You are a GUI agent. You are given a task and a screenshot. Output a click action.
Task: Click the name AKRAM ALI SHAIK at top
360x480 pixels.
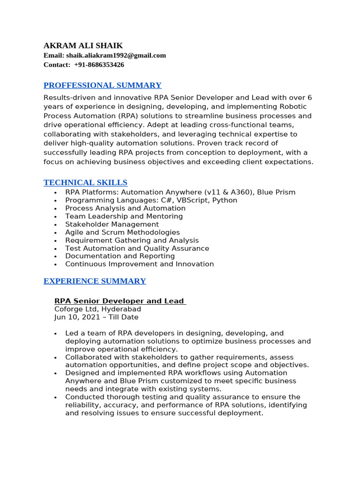click(83, 45)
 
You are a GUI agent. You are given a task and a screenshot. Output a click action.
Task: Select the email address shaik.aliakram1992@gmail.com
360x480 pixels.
click(116, 55)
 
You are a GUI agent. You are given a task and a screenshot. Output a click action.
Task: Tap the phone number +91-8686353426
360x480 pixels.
click(99, 65)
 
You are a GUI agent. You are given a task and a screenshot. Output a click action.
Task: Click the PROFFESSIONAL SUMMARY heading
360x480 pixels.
click(102, 85)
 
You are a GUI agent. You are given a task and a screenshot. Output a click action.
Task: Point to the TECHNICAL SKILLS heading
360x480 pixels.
click(85, 183)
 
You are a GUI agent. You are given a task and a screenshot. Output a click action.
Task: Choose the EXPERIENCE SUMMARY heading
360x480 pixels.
click(95, 281)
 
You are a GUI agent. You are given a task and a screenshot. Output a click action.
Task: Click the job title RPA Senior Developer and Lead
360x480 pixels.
click(120, 301)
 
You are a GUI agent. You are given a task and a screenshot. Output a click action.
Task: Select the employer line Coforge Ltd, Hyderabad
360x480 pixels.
click(97, 309)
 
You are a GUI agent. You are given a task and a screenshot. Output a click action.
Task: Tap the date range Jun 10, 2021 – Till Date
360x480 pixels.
click(96, 317)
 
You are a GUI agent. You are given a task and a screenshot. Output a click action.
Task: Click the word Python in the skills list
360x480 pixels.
click(225, 200)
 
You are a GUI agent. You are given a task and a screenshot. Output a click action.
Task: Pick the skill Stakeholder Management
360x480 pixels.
click(112, 225)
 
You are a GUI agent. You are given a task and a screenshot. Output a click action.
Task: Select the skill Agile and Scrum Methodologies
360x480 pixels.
click(122, 232)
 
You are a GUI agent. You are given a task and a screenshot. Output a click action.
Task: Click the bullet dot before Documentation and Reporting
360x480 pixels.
click(55, 257)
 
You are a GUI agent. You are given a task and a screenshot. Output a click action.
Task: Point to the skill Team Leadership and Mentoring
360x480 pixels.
click(124, 217)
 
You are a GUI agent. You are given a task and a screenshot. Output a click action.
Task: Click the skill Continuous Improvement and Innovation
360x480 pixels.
click(139, 264)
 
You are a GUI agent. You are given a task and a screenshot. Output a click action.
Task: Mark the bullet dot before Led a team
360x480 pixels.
click(55, 334)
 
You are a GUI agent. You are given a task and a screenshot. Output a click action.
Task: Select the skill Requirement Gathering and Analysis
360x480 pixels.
click(132, 240)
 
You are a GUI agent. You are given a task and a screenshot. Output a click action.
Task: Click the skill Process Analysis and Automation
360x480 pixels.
click(125, 208)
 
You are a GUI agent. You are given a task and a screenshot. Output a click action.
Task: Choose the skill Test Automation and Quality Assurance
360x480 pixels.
click(137, 248)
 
